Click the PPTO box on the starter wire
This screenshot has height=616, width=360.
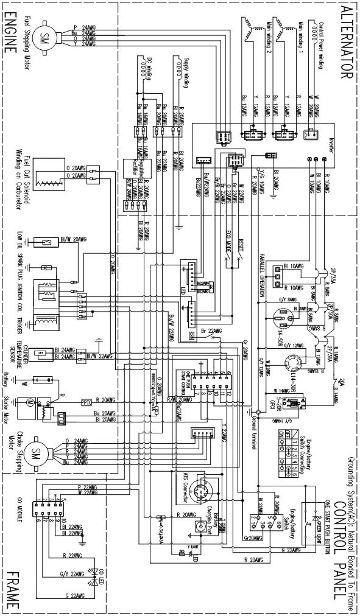tap(86, 402)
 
